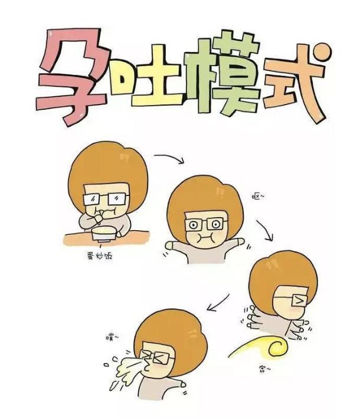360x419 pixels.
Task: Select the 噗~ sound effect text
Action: (x=112, y=337)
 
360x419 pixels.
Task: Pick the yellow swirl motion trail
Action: (x=260, y=348)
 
